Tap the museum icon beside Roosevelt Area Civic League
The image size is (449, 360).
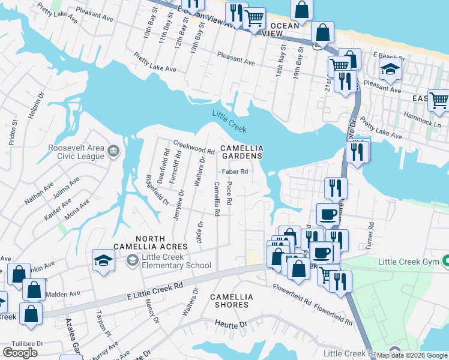(113, 150)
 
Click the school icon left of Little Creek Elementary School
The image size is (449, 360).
(103, 260)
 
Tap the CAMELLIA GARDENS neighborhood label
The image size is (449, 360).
(241, 152)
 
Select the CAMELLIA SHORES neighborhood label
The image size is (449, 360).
(232, 301)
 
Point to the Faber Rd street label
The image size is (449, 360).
(235, 171)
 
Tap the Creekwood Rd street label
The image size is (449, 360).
(194, 146)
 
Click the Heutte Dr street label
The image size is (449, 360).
(231, 325)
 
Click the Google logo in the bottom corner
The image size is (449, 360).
(20, 353)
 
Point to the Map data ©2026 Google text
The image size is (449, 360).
(412, 355)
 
